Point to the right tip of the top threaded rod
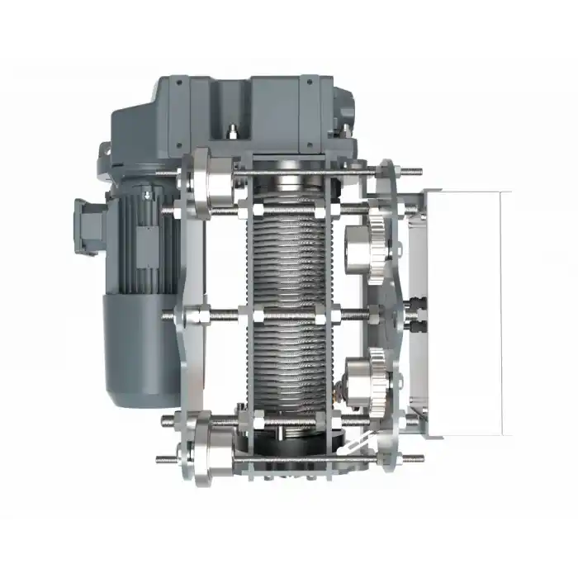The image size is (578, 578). point(420,172)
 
